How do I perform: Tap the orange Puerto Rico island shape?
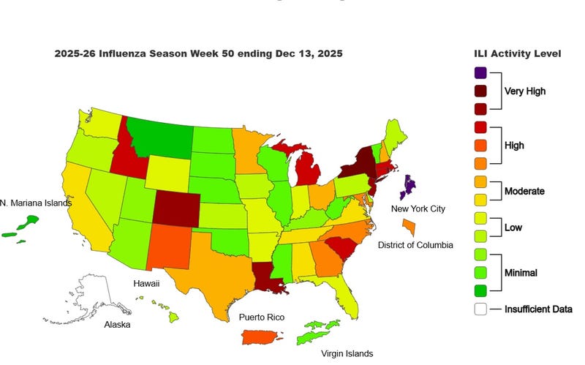[x=264, y=337]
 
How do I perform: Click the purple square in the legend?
[x=480, y=72]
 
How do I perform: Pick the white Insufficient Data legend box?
[x=480, y=309]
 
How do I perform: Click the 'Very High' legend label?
[x=524, y=91]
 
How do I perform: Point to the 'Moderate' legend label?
[x=525, y=192]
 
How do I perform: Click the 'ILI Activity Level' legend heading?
[x=518, y=53]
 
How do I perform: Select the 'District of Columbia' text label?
[x=415, y=244]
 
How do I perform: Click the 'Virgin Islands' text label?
[x=347, y=353]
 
